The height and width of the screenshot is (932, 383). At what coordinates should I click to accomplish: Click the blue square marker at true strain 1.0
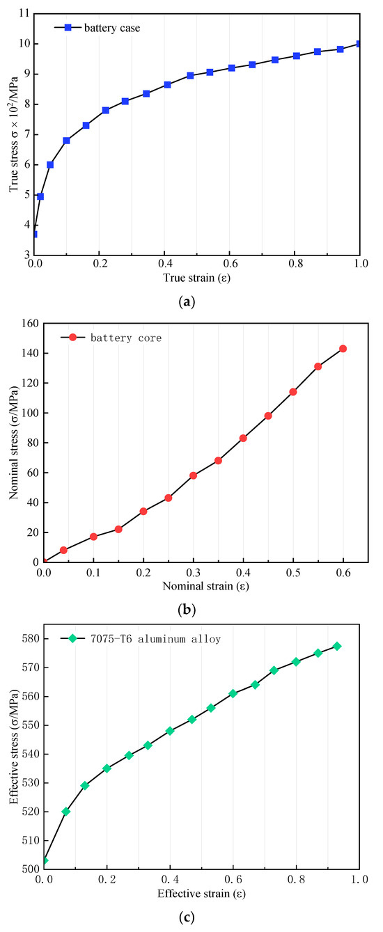tap(359, 44)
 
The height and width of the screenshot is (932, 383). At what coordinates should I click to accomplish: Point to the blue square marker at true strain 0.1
tap(67, 141)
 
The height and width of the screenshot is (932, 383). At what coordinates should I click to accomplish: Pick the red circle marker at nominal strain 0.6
tap(343, 349)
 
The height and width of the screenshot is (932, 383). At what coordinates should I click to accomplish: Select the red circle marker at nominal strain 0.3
tap(193, 475)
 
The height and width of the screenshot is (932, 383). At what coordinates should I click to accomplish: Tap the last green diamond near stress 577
tap(337, 646)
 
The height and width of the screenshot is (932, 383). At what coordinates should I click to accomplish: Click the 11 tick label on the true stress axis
tap(22, 13)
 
